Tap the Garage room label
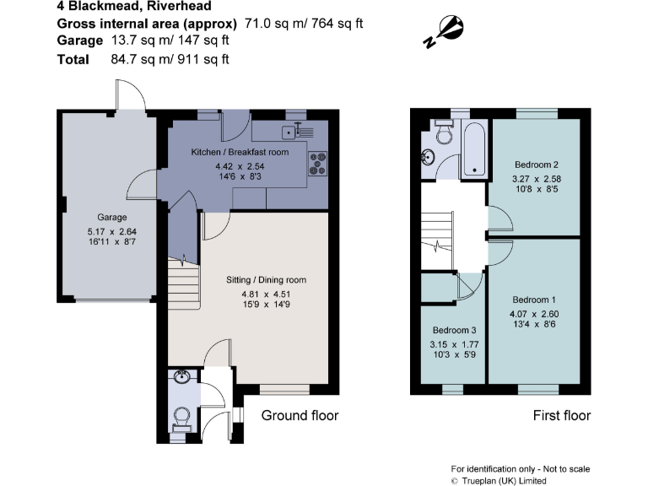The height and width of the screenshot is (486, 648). click(x=112, y=217)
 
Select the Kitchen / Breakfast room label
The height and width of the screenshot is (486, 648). click(x=240, y=152)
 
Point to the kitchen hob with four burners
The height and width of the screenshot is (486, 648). click(x=320, y=164)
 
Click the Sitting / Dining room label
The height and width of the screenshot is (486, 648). click(x=266, y=279)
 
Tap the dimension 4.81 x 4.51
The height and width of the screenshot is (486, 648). click(x=266, y=294)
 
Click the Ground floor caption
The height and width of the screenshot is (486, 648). click(x=300, y=415)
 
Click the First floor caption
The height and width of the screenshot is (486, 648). click(x=562, y=415)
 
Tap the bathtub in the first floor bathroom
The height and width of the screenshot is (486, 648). click(x=475, y=150)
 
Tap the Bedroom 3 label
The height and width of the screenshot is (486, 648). click(x=455, y=329)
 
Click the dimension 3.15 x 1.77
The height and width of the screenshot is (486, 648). click(x=455, y=344)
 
